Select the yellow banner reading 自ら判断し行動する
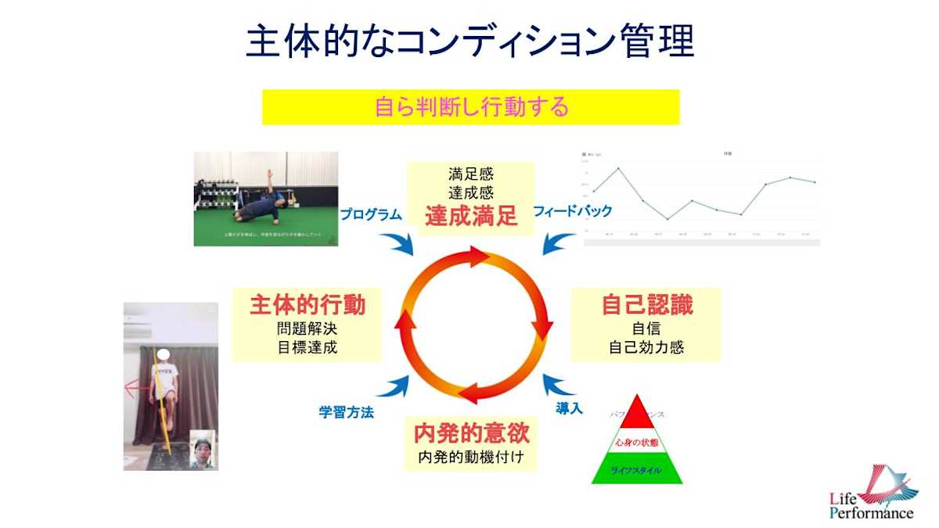coord(470,106)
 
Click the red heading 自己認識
coord(646,305)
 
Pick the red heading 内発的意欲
coord(470,432)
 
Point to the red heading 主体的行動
coord(308,305)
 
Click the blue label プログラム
coord(371,214)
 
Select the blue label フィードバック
coord(572,211)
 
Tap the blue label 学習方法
coord(346,412)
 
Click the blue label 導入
coord(569,408)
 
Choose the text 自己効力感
coord(646,347)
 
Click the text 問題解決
coord(308,329)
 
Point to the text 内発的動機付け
coord(470,456)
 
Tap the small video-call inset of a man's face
coord(203,450)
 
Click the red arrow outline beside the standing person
coord(139,386)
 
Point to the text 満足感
coord(471,174)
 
